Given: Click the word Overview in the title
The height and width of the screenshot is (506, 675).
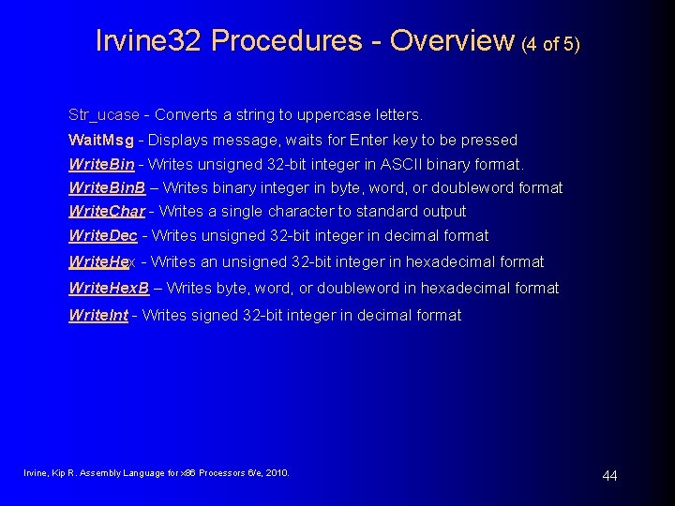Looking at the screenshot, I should click(451, 40).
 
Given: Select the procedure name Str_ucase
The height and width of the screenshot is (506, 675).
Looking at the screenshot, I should click(103, 115).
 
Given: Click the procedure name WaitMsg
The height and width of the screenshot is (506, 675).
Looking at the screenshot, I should click(100, 140).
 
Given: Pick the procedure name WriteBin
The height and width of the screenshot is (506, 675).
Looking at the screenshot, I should click(101, 164).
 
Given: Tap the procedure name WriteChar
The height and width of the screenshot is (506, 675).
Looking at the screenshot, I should click(107, 211).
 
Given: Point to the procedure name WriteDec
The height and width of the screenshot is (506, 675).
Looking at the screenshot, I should click(102, 235).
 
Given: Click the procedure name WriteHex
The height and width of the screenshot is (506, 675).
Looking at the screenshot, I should click(102, 261).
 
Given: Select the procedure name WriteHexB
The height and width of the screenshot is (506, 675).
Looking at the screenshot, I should click(109, 288).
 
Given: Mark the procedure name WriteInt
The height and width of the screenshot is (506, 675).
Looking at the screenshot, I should click(98, 315).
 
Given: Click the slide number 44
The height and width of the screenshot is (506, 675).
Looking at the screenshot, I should click(609, 476).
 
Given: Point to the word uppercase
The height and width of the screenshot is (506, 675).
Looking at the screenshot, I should click(332, 115).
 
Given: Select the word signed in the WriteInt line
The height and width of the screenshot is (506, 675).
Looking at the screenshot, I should click(217, 315).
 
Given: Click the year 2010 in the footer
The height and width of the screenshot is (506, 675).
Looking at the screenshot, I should click(277, 472).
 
